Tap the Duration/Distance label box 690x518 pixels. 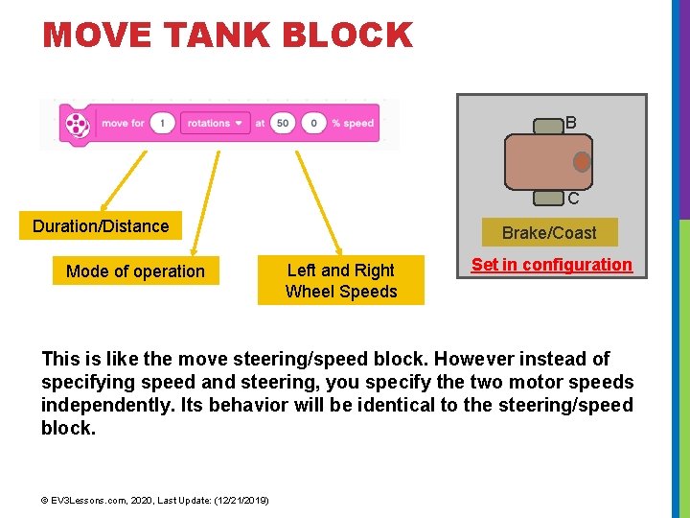click(x=101, y=226)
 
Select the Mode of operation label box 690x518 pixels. click(x=135, y=271)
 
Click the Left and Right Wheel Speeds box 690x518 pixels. click(x=341, y=281)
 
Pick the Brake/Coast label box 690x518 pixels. click(x=549, y=233)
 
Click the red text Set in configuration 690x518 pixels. click(x=552, y=265)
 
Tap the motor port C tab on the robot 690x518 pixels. click(x=548, y=199)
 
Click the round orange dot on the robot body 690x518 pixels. click(x=582, y=162)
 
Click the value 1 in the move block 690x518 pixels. click(x=163, y=124)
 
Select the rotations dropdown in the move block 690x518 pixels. click(x=213, y=124)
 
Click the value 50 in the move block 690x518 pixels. click(x=283, y=124)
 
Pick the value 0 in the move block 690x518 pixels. click(x=312, y=124)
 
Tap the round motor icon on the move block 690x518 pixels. click(x=76, y=124)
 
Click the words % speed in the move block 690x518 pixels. click(x=353, y=124)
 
